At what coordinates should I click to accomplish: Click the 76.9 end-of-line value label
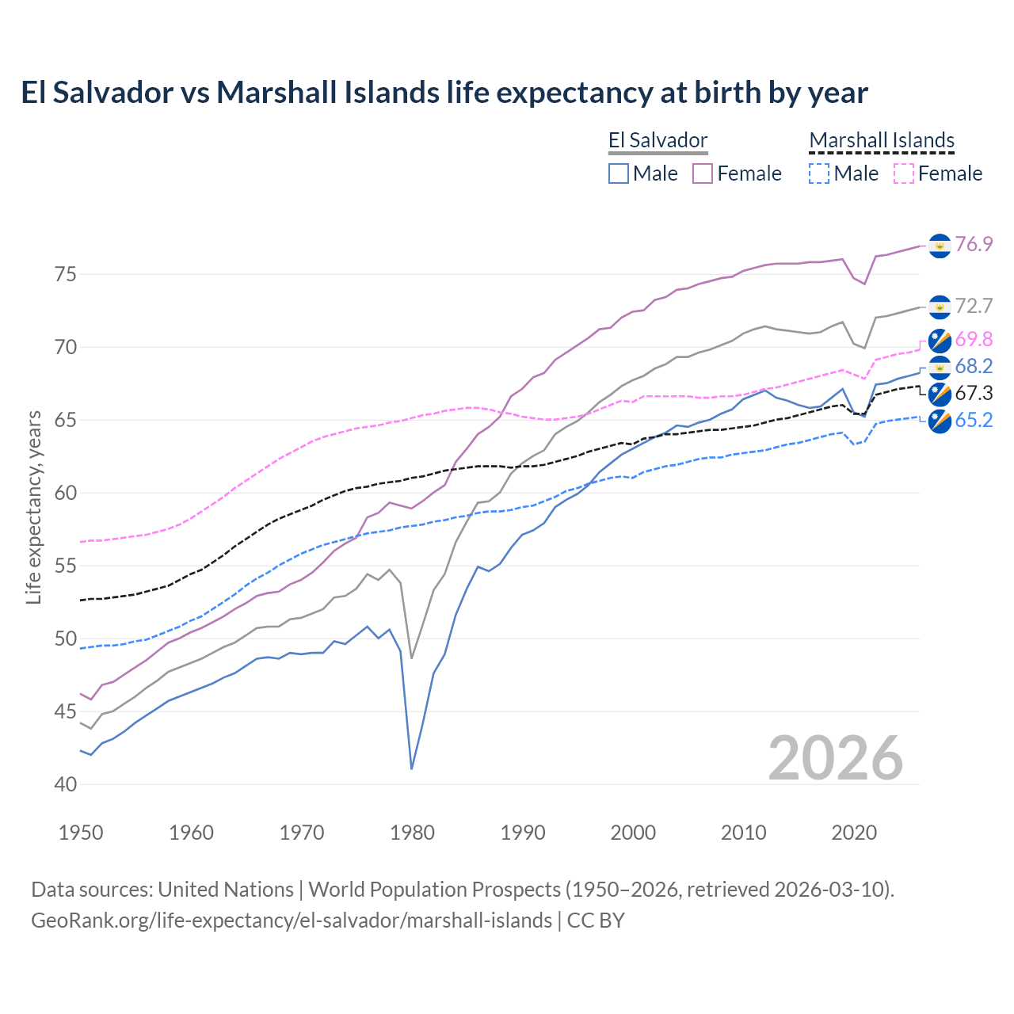tap(974, 245)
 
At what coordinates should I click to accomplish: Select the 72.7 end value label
tap(974, 307)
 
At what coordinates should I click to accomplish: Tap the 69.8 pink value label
tap(974, 340)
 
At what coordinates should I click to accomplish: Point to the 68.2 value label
tap(974, 366)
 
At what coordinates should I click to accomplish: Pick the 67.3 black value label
tap(974, 393)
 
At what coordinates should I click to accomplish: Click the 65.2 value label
tap(974, 420)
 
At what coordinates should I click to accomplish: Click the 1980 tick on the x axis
tap(412, 833)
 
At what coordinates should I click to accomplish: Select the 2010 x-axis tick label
tap(743, 833)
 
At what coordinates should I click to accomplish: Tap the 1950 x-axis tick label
tap(81, 833)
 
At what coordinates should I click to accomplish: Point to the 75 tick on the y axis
tap(66, 275)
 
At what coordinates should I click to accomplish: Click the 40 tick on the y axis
tap(66, 784)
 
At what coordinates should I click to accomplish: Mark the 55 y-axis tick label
tap(66, 566)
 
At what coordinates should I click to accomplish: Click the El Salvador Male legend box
tap(619, 173)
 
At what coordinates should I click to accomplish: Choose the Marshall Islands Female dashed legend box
tap(904, 173)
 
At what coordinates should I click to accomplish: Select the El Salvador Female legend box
tap(703, 173)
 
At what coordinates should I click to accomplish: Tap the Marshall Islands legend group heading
tap(882, 141)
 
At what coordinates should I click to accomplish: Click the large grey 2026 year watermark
tap(836, 758)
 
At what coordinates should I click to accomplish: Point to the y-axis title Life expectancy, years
tap(33, 507)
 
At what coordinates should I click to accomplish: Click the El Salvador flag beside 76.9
tap(940, 246)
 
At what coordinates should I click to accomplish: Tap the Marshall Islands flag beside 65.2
tap(940, 421)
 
